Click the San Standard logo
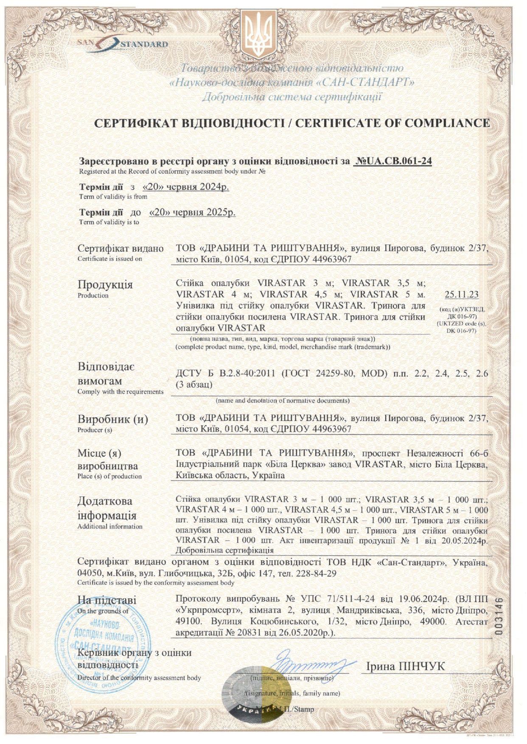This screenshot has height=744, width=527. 123,44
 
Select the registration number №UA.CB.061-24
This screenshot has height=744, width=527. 392,161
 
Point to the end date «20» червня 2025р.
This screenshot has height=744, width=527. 192,212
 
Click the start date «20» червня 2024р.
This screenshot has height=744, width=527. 186,187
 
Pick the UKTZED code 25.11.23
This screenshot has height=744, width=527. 461,294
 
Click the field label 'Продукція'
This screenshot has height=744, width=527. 105,284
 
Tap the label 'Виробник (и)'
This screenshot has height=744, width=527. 112,419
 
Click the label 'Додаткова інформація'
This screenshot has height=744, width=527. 107,508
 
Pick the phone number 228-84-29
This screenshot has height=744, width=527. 315,574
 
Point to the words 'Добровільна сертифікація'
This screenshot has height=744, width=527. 224,550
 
